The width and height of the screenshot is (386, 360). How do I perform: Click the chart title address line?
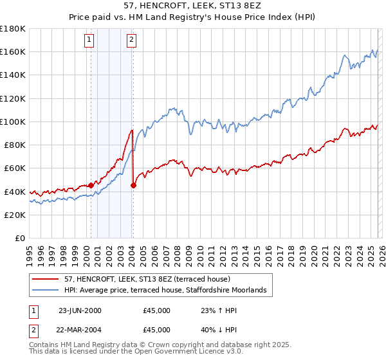coord(192,4)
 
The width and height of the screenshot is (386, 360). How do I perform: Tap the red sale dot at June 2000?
coord(91,185)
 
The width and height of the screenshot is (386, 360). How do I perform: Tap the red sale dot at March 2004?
coord(133,185)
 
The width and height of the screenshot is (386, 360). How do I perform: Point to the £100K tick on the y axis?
coord(13,122)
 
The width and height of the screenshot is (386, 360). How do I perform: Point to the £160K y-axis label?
coord(13,51)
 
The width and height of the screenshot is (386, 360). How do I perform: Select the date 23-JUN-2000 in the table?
coord(80,310)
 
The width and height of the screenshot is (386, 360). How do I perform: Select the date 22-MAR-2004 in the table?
coord(80,331)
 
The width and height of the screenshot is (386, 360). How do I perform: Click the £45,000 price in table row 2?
coord(157,331)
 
